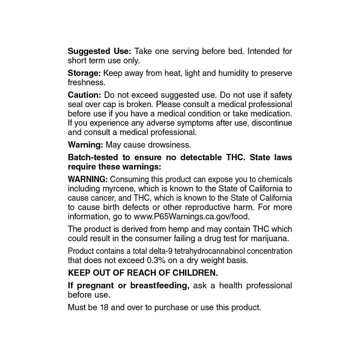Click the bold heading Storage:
[84, 73]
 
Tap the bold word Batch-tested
[92, 157]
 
